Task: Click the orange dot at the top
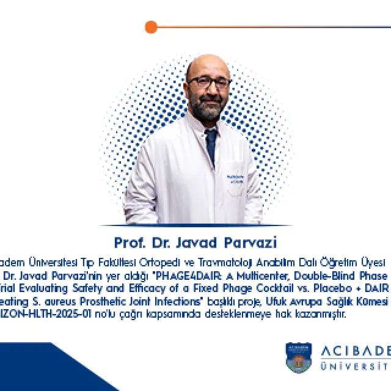[x=152, y=27]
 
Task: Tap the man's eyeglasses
[x=208, y=82]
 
